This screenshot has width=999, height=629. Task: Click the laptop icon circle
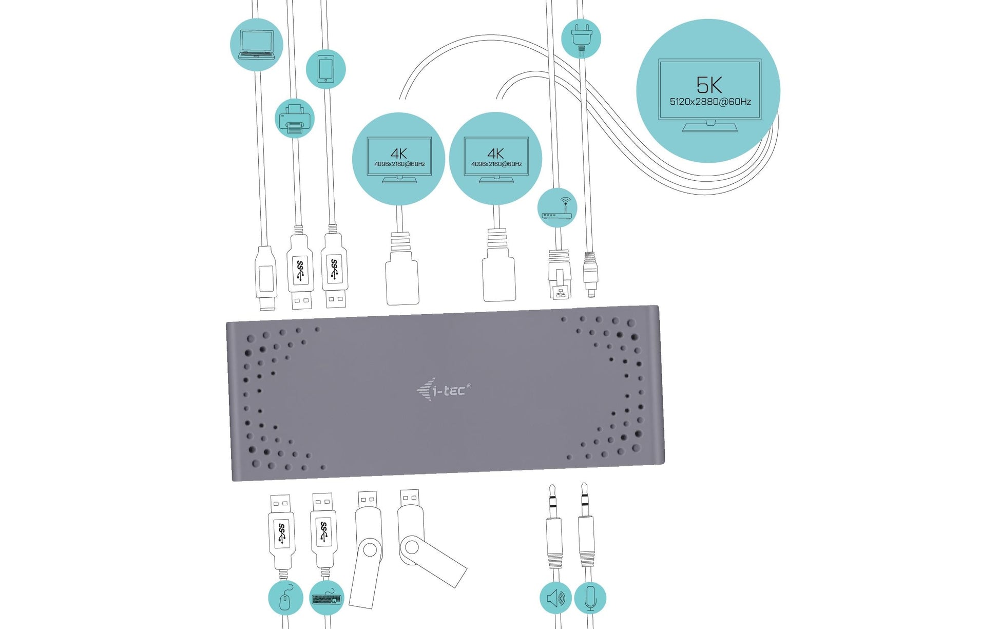click(256, 45)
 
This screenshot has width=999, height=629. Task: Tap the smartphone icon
click(326, 69)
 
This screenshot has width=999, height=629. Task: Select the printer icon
click(295, 118)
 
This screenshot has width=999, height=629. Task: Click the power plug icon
click(581, 38)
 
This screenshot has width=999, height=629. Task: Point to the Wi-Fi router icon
click(558, 207)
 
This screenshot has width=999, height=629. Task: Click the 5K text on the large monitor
click(709, 85)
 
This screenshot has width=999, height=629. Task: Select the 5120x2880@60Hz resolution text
click(710, 102)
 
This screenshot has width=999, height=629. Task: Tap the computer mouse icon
click(286, 598)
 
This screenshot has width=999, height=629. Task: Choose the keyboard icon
click(327, 598)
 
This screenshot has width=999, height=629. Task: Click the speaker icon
click(556, 598)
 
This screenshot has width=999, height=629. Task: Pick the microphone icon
click(590, 598)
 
